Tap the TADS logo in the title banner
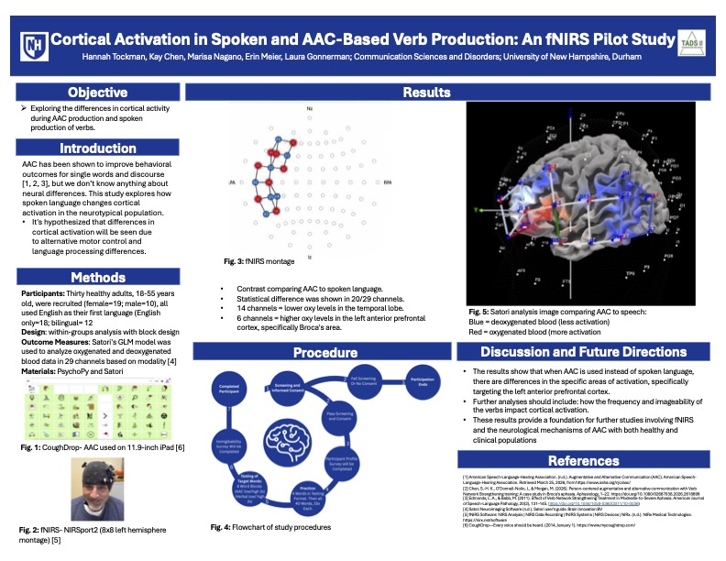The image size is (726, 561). (690, 44)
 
